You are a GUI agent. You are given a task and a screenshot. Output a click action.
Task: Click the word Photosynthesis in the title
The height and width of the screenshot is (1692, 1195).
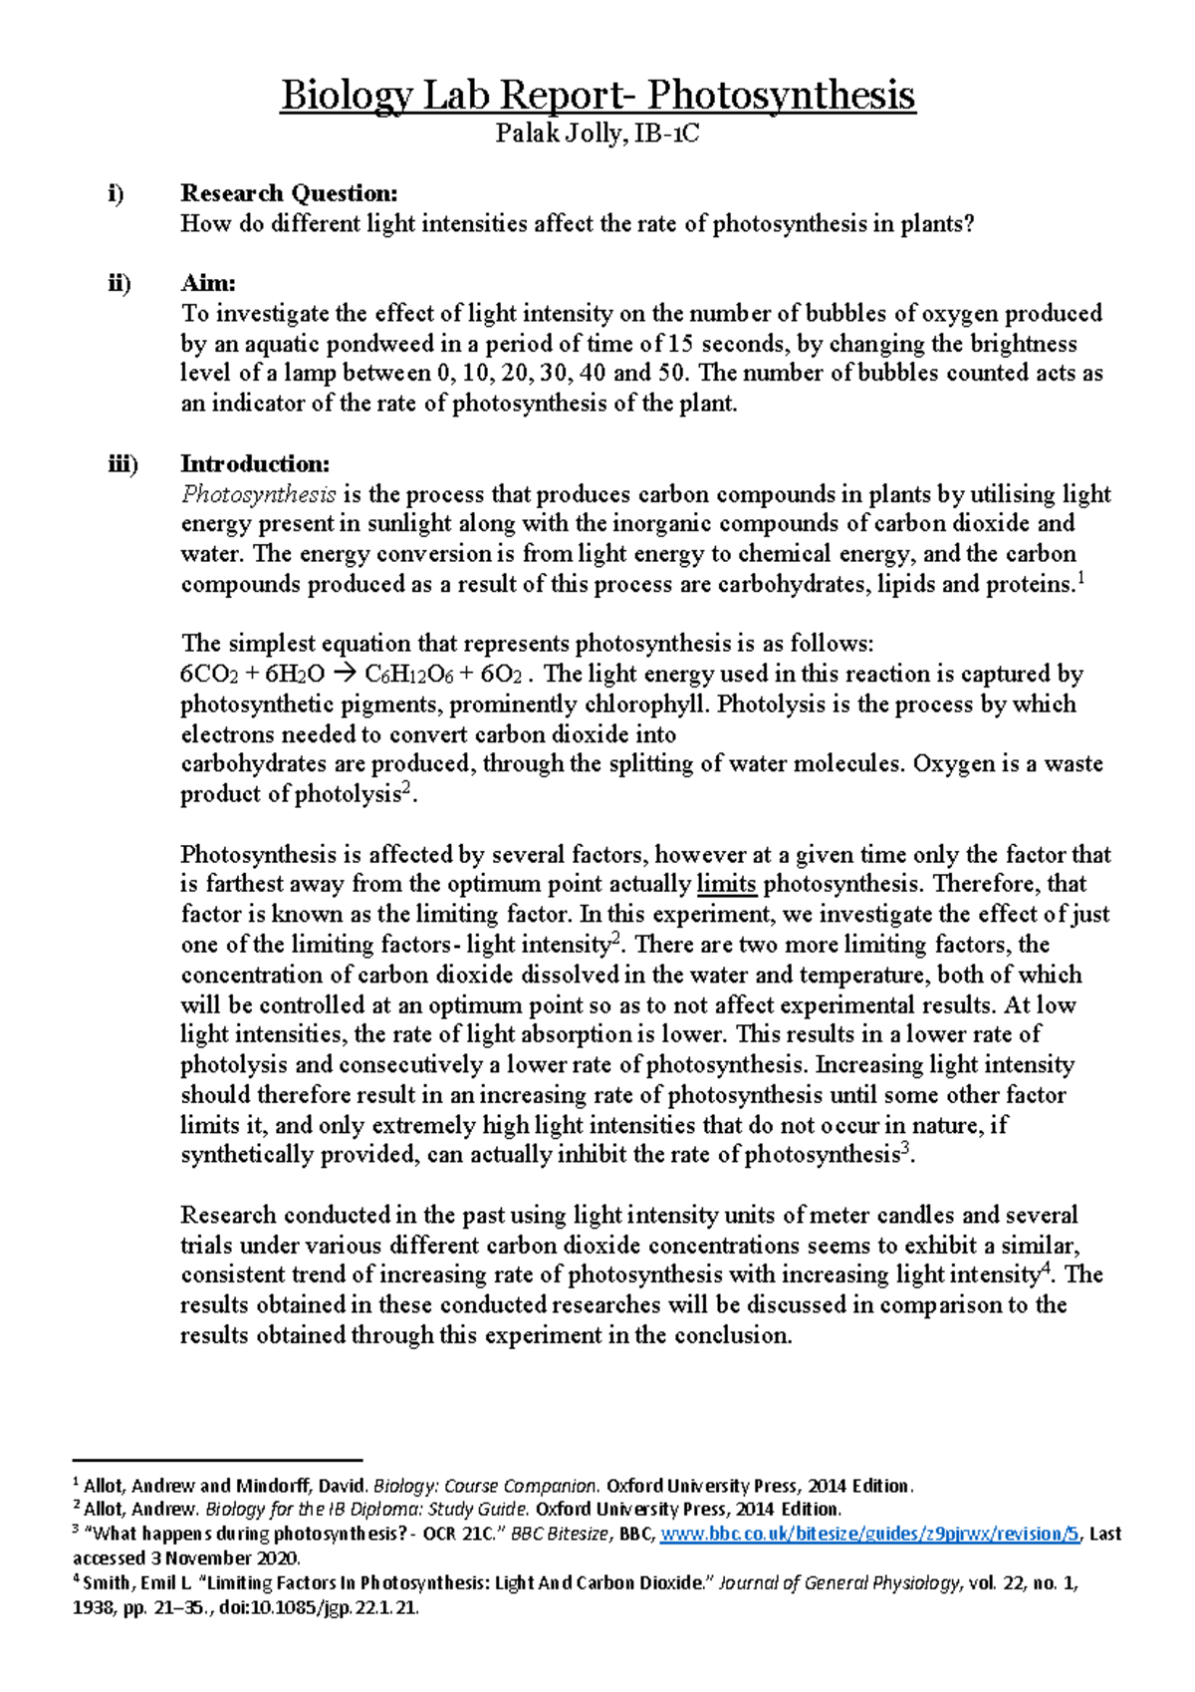click(x=781, y=97)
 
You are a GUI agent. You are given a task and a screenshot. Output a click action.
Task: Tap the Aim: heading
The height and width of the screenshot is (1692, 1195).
click(x=208, y=284)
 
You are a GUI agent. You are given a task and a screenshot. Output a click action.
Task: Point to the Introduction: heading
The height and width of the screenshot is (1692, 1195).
click(x=255, y=464)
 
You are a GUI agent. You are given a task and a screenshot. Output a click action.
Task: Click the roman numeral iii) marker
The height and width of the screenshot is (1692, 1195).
click(x=123, y=464)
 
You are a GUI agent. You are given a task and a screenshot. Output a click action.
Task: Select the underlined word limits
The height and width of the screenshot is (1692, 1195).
click(x=726, y=884)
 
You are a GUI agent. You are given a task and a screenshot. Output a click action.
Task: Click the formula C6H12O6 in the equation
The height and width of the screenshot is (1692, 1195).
click(x=409, y=675)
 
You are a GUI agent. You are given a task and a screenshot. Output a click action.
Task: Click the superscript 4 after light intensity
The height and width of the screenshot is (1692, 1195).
click(x=1046, y=1269)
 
